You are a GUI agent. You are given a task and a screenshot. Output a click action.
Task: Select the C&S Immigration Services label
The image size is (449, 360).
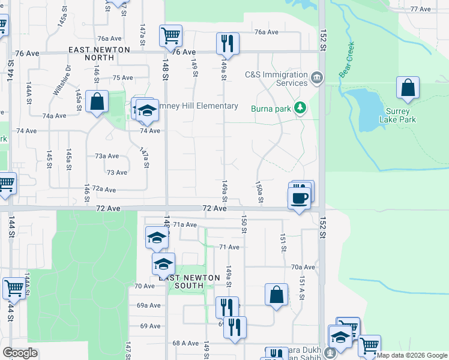[276, 79]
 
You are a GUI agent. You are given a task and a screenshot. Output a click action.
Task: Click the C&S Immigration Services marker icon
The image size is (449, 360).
[317, 78]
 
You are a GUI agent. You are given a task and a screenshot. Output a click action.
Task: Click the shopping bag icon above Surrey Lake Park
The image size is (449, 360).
[408, 88]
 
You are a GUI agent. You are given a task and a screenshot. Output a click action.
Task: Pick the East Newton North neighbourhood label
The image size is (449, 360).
[100, 53]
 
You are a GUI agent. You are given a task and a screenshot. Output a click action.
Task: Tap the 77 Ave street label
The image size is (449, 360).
[421, 9]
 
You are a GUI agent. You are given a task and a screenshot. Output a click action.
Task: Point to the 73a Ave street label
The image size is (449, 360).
[107, 156]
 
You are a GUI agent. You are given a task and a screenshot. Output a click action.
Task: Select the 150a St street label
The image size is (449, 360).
[259, 193]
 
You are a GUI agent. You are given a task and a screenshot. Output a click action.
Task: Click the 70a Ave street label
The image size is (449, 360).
[303, 267]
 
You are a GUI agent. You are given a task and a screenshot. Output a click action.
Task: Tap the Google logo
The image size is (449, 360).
[20, 353]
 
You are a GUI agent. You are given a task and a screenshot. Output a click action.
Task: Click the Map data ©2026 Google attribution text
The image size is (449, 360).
[411, 355]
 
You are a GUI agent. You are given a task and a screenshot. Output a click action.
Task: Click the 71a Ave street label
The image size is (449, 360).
[185, 224]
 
